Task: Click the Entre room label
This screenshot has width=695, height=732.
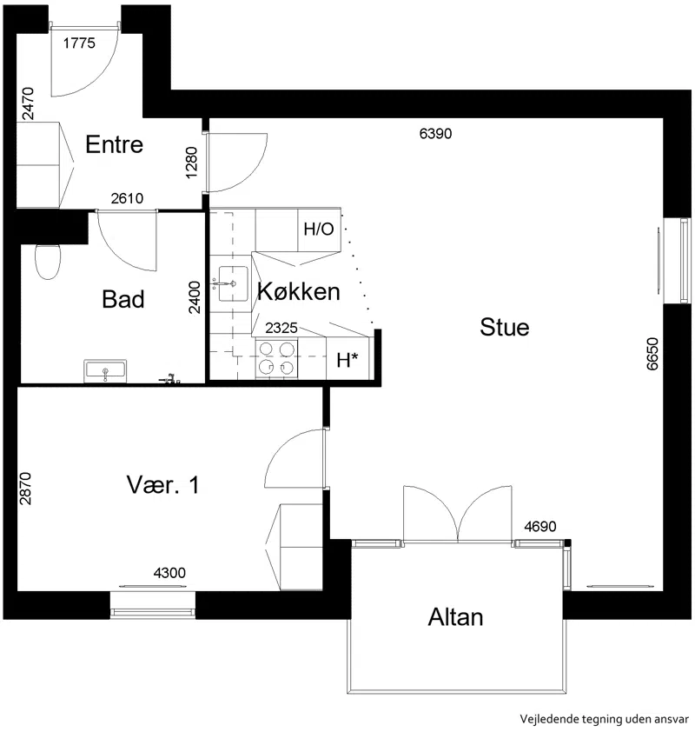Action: (x=115, y=144)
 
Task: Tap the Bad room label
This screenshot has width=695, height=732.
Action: (x=123, y=299)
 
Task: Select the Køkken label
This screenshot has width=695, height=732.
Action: (x=299, y=292)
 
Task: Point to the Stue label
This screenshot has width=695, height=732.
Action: (x=505, y=327)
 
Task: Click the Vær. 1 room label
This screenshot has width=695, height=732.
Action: (x=162, y=485)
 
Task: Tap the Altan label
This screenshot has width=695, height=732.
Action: (x=456, y=617)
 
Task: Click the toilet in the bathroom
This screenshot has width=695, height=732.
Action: (x=48, y=262)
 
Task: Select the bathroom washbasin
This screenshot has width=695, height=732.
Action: (x=105, y=371)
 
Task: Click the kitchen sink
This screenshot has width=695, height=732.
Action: (x=233, y=283)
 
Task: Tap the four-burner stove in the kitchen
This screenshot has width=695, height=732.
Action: (x=276, y=358)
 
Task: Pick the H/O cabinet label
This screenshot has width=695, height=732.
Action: (x=319, y=230)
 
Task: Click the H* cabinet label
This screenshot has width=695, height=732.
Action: (x=347, y=361)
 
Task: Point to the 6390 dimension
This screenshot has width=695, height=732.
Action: (x=435, y=134)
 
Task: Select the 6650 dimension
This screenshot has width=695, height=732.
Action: (x=652, y=354)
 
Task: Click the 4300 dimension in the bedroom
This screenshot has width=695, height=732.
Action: (x=169, y=573)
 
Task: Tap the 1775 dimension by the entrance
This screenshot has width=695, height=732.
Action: (x=79, y=43)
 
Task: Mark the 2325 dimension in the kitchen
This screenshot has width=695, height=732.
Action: (x=281, y=329)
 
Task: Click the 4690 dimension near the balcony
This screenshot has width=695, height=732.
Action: (x=540, y=527)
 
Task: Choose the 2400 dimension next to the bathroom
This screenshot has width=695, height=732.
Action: (x=195, y=297)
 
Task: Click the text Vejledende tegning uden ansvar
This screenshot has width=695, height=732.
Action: (x=605, y=719)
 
